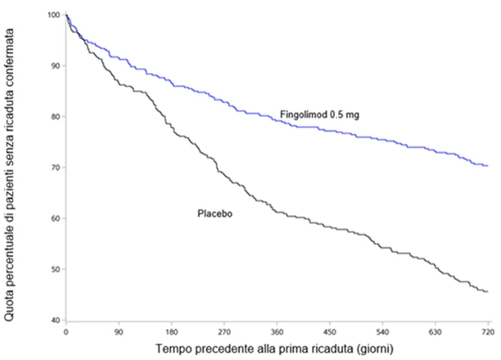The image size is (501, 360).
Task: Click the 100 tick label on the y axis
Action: click(54, 15)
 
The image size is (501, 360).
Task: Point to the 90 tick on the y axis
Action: click(56, 65)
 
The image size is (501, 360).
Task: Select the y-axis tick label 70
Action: click(56, 168)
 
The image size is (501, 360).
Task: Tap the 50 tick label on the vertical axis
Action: click(56, 269)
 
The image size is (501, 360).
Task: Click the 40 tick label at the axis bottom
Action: click(56, 320)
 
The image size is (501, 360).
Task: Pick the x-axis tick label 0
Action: click(65, 332)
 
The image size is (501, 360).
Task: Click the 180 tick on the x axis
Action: click(172, 332)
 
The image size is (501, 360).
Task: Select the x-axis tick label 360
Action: click(277, 332)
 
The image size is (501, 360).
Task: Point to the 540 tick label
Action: click(382, 332)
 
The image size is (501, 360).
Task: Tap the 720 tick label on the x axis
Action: click(488, 332)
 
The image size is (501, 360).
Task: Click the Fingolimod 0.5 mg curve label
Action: click(319, 115)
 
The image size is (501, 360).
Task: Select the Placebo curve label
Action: click(214, 214)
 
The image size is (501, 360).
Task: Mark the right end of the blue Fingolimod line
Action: click(488, 165)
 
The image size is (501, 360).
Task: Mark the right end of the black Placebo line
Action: click(488, 291)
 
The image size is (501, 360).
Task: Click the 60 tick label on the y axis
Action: click(56, 218)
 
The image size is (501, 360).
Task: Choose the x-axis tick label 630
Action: click(436, 332)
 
